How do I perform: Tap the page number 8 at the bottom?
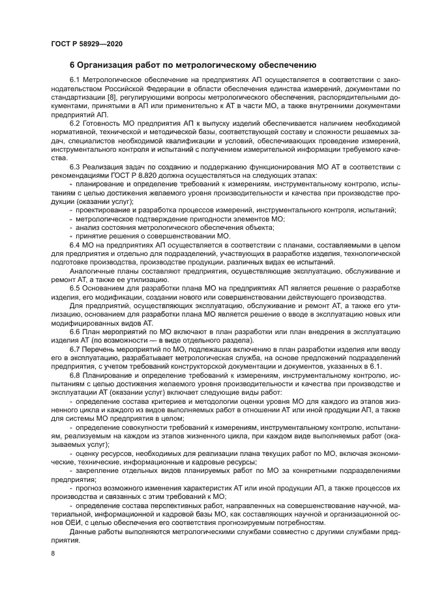(52, 553)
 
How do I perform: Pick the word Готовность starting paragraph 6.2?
(101, 124)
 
